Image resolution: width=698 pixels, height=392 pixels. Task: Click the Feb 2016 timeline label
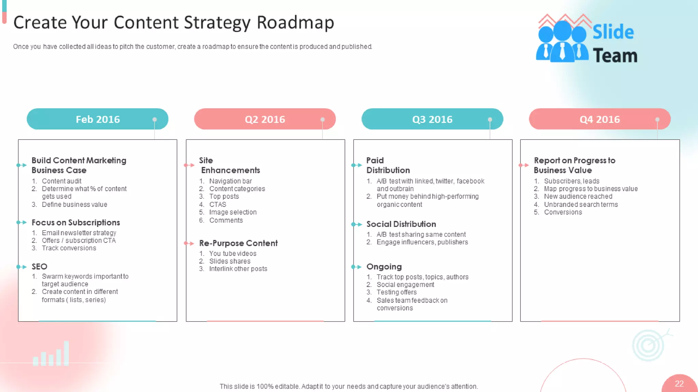97,119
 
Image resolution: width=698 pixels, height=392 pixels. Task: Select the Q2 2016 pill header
265,119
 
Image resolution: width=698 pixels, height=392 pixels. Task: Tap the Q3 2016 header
432,119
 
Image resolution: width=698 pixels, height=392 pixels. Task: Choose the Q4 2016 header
600,119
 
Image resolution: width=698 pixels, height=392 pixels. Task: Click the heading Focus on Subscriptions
76,223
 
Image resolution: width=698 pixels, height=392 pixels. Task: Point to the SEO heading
40,266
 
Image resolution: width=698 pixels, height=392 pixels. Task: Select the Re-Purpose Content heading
238,243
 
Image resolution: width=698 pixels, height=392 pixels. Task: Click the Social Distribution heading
401,224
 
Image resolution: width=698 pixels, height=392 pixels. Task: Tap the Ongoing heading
384,266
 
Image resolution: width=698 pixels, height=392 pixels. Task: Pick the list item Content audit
62,181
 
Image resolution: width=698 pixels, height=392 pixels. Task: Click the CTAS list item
218,205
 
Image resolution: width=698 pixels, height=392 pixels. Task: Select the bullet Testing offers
396,292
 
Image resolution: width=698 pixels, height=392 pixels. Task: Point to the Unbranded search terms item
581,205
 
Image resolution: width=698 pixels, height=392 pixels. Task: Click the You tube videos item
233,254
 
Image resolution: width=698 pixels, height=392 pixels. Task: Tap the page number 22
679,383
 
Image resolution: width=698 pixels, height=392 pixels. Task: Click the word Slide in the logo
613,32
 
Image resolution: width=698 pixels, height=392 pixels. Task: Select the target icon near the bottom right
649,345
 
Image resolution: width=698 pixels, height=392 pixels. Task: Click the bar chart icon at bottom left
51,355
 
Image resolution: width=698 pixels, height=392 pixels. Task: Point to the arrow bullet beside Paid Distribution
356,165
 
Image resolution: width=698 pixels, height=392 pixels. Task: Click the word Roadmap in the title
295,22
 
